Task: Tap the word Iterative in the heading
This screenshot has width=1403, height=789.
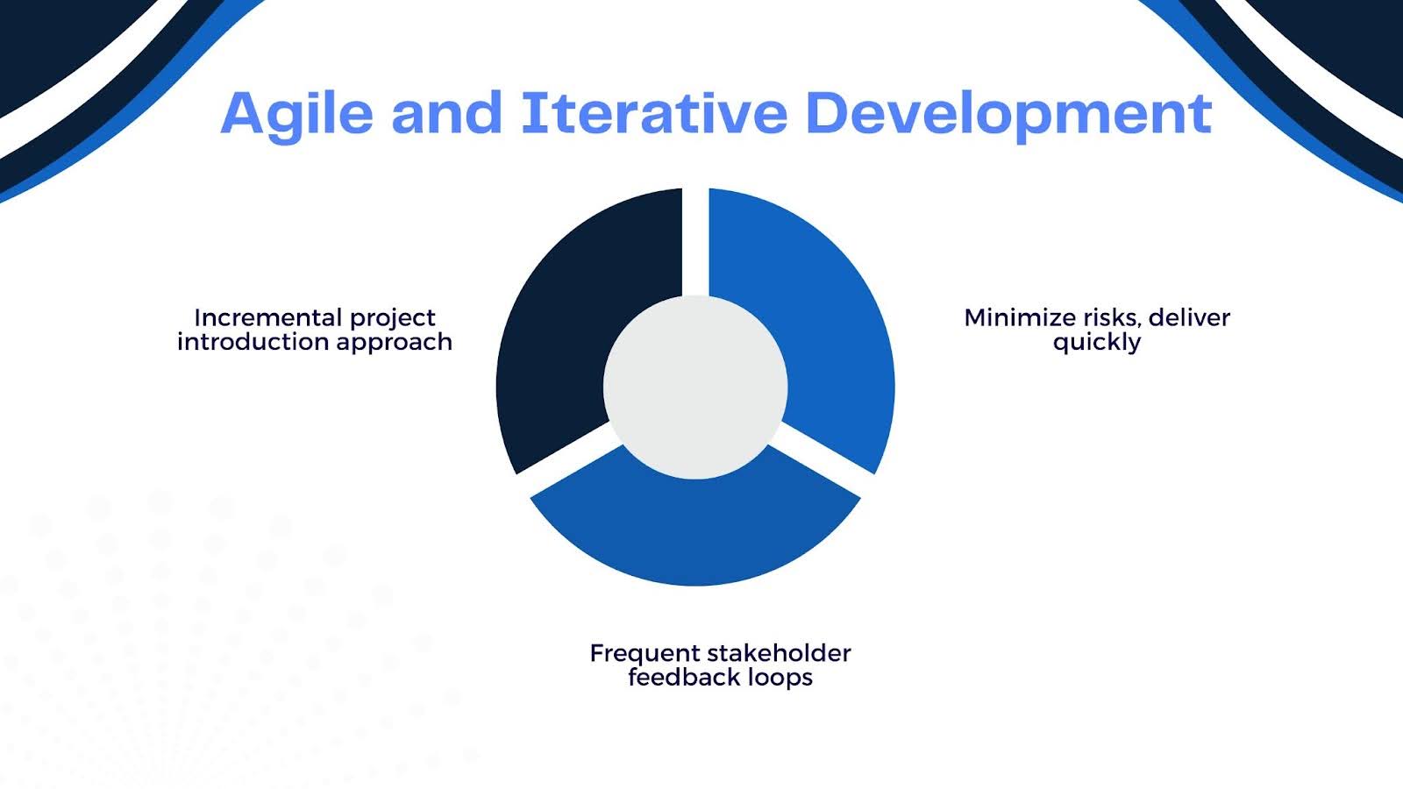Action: (x=654, y=113)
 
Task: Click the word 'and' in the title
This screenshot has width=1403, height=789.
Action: (x=446, y=113)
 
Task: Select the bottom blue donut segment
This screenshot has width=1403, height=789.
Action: (x=695, y=532)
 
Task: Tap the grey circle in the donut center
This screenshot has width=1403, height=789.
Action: (x=695, y=387)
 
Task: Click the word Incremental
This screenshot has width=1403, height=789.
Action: (x=268, y=317)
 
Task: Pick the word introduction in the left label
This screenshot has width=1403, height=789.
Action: (x=253, y=342)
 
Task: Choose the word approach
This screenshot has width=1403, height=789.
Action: (x=394, y=343)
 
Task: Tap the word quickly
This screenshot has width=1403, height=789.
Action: (x=1097, y=343)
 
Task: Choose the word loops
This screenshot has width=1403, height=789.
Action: (x=771, y=679)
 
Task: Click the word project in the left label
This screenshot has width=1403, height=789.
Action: (x=392, y=319)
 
